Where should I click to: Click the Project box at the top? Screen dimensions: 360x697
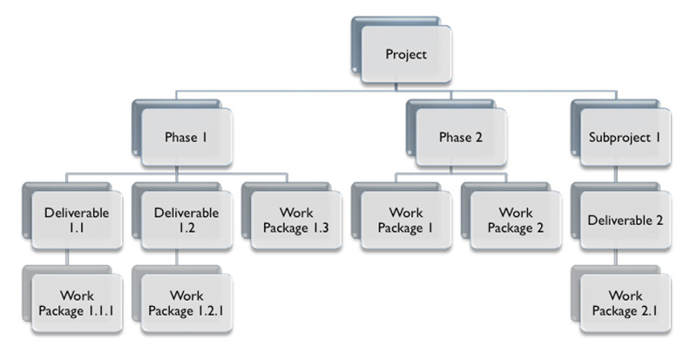(x=406, y=54)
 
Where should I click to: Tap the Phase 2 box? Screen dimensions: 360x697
(x=459, y=137)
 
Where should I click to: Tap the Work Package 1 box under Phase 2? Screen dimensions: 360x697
(x=404, y=220)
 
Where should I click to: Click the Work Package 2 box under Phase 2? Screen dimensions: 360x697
(x=514, y=220)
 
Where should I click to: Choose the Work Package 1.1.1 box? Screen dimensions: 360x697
(x=75, y=302)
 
